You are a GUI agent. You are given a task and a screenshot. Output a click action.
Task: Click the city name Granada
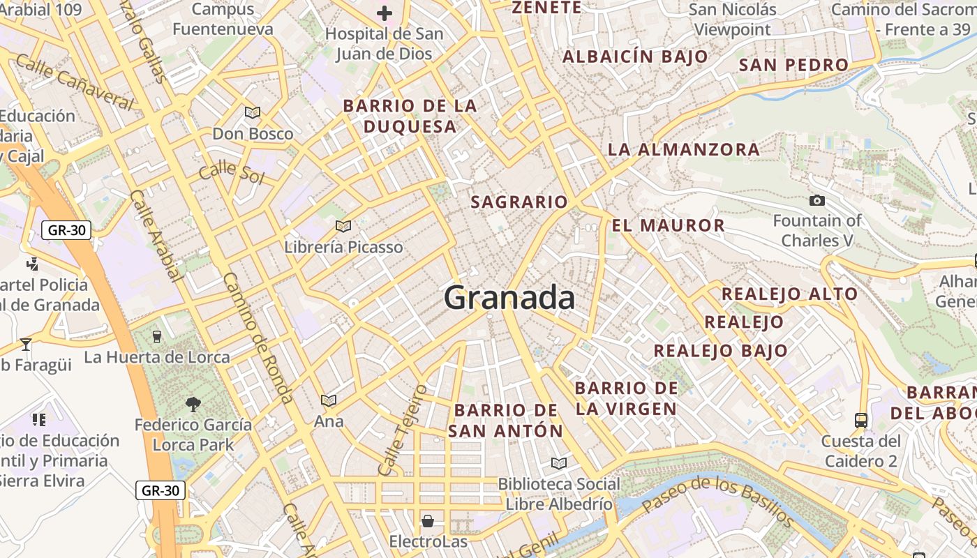click(x=509, y=298)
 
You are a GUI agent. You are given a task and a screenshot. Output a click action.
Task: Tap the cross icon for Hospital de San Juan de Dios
click(x=384, y=13)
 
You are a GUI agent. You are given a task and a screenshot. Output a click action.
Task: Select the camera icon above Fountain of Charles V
click(x=816, y=201)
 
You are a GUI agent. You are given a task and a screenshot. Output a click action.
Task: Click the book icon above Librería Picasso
click(x=343, y=226)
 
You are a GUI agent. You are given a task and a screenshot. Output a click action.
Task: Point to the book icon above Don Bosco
click(x=252, y=112)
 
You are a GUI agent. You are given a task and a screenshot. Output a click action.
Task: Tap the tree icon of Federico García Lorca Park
click(x=193, y=404)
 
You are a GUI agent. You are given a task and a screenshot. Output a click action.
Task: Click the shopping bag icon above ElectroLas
click(x=428, y=521)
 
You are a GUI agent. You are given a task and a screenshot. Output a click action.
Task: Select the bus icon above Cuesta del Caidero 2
click(x=861, y=421)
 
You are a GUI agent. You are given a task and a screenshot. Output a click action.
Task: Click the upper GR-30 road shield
click(x=66, y=230)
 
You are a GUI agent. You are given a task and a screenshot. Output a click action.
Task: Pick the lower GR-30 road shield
click(x=161, y=490)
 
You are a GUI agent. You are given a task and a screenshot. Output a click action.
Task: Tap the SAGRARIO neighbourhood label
click(x=519, y=202)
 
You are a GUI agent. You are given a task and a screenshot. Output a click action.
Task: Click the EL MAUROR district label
click(x=668, y=225)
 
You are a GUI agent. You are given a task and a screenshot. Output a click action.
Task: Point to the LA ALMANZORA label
click(x=683, y=149)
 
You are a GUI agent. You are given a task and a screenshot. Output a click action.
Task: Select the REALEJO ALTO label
click(x=789, y=294)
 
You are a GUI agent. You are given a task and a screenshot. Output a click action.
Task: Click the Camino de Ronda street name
click(x=258, y=339)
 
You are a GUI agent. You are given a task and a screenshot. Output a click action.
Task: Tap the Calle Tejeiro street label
click(x=401, y=430)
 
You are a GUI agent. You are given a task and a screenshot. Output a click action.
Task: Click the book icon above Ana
click(x=329, y=400)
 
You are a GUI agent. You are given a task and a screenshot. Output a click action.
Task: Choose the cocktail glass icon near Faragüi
click(x=26, y=344)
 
